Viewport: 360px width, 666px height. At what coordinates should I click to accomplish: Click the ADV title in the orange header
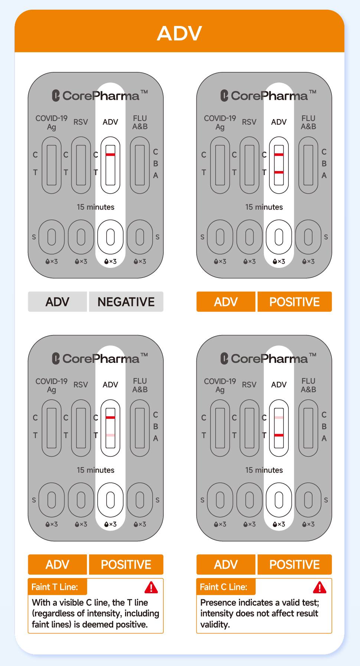click(x=179, y=33)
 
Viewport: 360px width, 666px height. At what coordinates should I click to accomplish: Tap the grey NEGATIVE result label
click(x=126, y=302)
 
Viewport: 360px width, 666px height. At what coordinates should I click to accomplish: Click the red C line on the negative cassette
click(x=110, y=154)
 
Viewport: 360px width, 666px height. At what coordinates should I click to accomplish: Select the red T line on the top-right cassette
click(x=279, y=172)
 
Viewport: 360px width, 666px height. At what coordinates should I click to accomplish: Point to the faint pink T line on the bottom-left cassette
click(x=110, y=435)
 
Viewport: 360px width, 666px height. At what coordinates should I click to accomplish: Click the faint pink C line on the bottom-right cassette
click(x=279, y=417)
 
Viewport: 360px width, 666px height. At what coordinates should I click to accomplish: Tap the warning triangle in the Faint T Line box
click(x=151, y=587)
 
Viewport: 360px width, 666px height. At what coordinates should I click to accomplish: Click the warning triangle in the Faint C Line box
click(x=320, y=587)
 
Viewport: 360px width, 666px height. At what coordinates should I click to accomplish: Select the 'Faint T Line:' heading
click(x=55, y=587)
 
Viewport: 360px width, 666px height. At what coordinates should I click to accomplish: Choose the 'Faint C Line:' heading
click(x=223, y=587)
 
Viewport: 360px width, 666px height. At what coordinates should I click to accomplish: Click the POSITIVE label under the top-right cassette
click(x=295, y=302)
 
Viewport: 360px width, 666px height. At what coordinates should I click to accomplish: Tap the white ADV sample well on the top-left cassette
click(x=110, y=237)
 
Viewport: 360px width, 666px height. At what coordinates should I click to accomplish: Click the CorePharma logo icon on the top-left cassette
click(x=56, y=96)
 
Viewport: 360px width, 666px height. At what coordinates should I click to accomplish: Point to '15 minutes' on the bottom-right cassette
click(x=264, y=470)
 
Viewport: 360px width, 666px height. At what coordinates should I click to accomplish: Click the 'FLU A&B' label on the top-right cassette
click(x=308, y=122)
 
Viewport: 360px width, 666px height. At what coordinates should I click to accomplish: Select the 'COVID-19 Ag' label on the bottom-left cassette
click(x=52, y=385)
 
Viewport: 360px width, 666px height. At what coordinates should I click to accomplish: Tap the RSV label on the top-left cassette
click(x=81, y=122)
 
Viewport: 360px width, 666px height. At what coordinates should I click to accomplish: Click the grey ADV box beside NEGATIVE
click(x=58, y=302)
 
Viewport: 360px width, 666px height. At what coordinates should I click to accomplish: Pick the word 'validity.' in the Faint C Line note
click(x=215, y=624)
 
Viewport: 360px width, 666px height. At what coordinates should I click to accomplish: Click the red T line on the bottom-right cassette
click(x=279, y=435)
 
